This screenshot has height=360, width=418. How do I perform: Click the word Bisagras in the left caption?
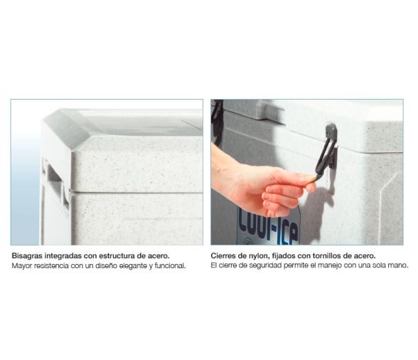[27, 256]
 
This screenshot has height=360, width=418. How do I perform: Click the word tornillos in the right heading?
[326, 255]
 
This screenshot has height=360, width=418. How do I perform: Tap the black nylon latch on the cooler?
[326, 152]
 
